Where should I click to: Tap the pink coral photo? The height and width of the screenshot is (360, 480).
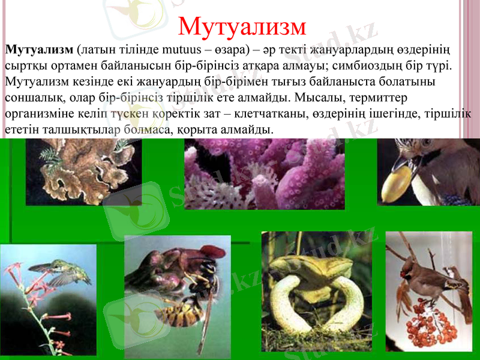coord(264,174)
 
